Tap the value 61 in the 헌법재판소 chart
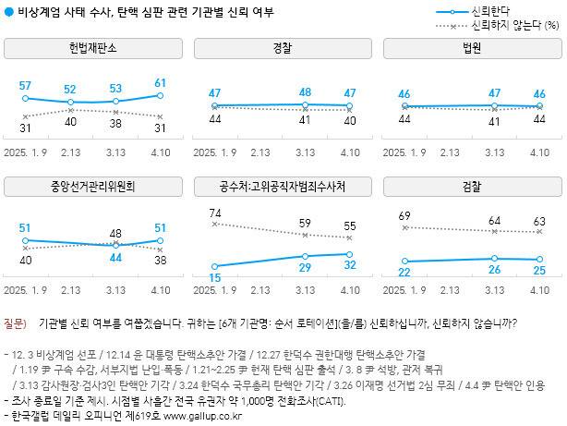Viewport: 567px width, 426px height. [160, 83]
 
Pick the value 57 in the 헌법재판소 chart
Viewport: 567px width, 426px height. [26, 86]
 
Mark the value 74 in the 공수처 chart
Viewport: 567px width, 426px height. [214, 213]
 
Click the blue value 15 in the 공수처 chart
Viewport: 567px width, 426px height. [214, 277]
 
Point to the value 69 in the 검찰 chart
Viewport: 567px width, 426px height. [403, 215]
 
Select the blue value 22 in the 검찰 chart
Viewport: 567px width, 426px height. [404, 272]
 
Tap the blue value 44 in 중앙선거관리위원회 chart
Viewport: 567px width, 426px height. [115, 258]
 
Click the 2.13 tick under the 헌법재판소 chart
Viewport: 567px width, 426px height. [71, 152]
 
